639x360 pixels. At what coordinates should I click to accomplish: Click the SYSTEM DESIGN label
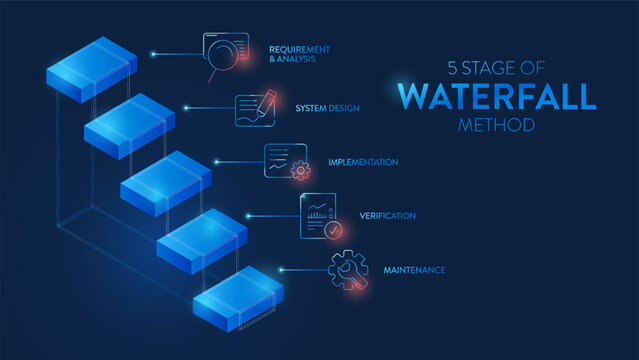coord(327,107)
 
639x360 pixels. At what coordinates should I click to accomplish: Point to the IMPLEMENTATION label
coord(363,162)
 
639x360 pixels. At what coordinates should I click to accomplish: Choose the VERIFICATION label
coord(387,216)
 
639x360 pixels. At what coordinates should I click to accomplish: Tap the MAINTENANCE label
coord(414,270)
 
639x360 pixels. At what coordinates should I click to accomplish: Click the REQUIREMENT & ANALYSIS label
coord(299,54)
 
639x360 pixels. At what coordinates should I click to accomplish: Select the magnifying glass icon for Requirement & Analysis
coord(224,56)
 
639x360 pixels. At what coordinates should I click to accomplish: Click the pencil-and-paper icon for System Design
coord(255,108)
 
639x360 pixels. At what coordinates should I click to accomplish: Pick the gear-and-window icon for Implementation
coord(286,161)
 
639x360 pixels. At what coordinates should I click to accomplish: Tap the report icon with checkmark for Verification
coord(320,217)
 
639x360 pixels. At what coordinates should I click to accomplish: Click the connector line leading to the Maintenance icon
coord(303,269)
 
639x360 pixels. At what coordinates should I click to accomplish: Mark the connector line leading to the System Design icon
coord(209,108)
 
